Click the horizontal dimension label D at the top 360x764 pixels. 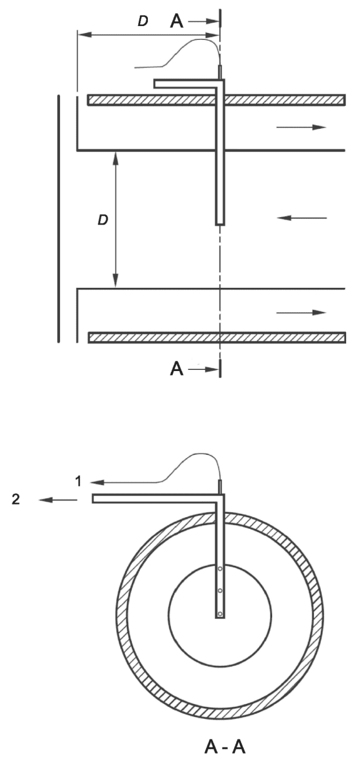point(142,22)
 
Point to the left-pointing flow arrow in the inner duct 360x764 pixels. point(302,218)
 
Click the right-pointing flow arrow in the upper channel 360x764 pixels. point(301,127)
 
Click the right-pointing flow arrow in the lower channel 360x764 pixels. point(301,312)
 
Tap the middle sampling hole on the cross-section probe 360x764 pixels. point(220,591)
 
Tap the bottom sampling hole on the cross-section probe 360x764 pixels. point(220,613)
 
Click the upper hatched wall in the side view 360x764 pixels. point(144,100)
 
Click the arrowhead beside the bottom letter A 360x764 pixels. point(207,370)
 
